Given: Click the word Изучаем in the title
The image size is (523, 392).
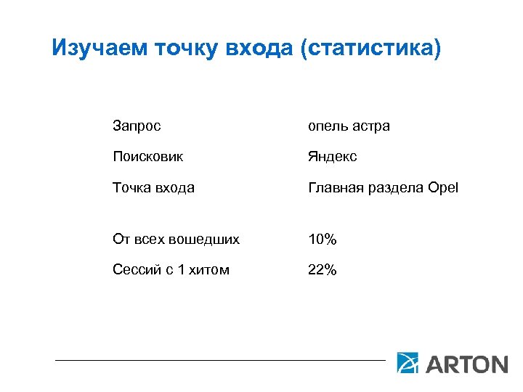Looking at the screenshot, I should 101,49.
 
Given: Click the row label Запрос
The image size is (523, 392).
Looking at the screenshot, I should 137,126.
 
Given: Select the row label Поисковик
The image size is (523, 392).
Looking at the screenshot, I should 147,157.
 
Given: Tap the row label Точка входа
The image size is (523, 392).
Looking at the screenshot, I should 153,187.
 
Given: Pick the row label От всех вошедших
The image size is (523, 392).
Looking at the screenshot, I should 176,239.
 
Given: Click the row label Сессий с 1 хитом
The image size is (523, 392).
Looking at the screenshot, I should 171,270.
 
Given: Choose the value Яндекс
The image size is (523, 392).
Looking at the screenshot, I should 333,157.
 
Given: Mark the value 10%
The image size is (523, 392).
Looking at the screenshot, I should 322,239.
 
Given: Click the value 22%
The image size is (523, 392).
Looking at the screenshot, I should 322,270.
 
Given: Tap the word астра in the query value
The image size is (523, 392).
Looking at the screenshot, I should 371,126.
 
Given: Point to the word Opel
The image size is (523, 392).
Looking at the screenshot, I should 443,188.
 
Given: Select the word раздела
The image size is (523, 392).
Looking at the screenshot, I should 397,188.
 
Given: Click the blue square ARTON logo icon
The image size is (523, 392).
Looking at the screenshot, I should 408,362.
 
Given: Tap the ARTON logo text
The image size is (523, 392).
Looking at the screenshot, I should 466,363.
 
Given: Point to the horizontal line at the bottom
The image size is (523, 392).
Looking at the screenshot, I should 220,359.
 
